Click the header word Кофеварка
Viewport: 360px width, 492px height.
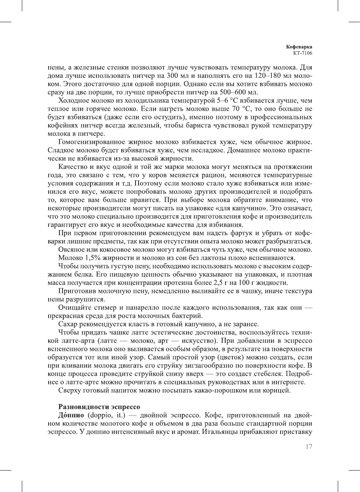point(299,47)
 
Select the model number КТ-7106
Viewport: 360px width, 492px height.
point(302,53)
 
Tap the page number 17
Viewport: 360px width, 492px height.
point(309,447)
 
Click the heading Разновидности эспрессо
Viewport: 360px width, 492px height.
point(99,407)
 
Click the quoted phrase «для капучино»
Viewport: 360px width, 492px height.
point(239,208)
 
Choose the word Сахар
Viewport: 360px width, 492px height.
point(68,324)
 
